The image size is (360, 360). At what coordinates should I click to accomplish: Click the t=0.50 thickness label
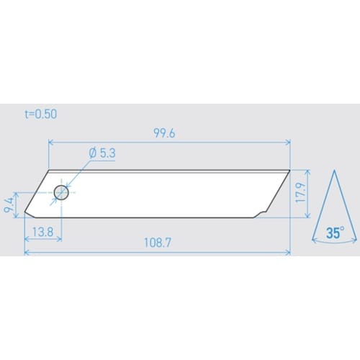[x=40, y=114]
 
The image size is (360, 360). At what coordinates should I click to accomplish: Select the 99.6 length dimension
[x=169, y=133]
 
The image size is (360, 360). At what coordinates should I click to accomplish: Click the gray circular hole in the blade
[x=61, y=193]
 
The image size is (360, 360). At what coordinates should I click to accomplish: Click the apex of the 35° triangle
[x=335, y=172]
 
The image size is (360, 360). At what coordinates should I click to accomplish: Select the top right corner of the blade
[x=290, y=171]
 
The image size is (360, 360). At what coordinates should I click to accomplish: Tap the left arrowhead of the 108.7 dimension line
[x=27, y=252]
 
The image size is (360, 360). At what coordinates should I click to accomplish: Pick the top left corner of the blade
[x=48, y=171]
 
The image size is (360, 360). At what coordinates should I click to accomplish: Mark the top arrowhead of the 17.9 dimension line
[x=308, y=173]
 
